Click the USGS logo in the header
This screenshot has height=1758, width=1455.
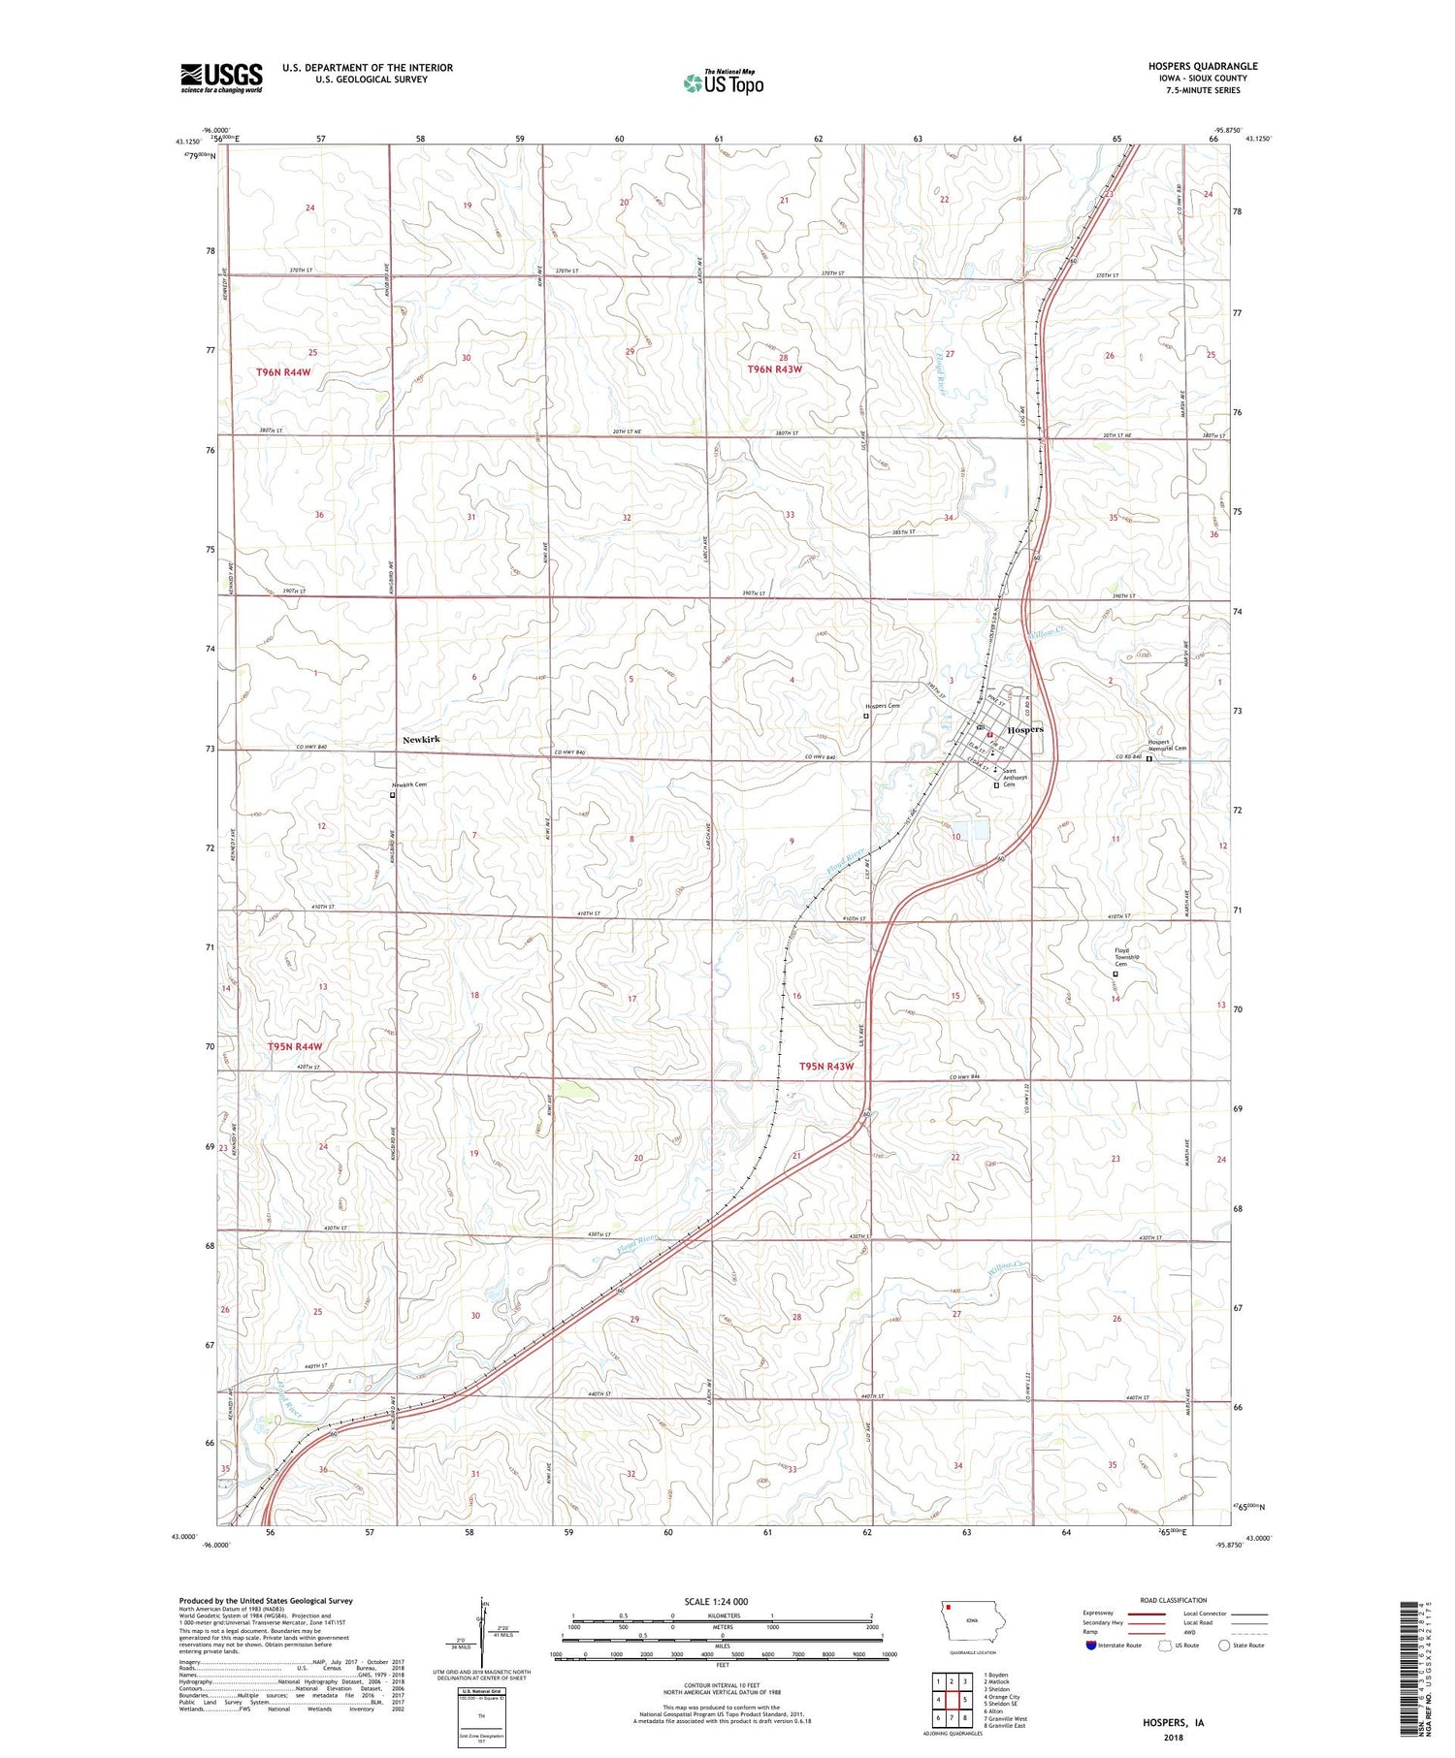pos(221,78)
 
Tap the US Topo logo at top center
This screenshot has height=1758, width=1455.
pos(723,82)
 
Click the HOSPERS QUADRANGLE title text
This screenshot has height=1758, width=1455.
pos(1203,66)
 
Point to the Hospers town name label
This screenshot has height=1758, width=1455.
pos(1026,729)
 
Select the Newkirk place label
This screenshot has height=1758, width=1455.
pos(421,740)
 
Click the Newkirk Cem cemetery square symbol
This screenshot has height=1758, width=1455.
pos(393,795)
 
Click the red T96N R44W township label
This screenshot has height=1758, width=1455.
pos(284,372)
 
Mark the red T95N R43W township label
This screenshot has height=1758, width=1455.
pos(826,1067)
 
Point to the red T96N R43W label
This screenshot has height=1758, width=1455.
pos(775,369)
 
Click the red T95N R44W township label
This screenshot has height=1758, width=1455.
pos(294,1047)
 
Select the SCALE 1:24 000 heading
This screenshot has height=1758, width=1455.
pos(722,1602)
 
